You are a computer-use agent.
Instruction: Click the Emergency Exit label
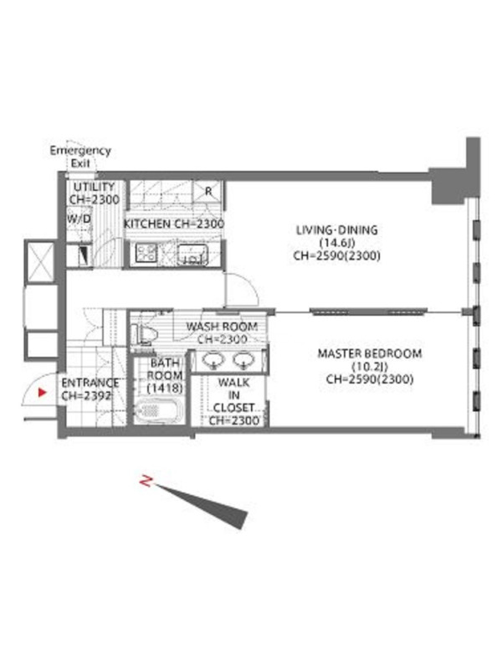80,157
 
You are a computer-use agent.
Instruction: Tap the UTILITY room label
94,187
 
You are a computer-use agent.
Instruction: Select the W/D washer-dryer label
79,219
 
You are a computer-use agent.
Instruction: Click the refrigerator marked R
208,191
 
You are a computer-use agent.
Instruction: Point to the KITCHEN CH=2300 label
174,224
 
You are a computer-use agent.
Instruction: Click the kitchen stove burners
146,253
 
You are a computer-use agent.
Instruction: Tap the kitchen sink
193,255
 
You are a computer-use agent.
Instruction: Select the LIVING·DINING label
337,229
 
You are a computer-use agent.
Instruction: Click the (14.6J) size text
337,243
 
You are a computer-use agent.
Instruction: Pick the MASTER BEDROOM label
370,353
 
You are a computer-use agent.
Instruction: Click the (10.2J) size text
370,366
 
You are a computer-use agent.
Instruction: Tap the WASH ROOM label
222,327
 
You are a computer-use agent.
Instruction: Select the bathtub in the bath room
155,410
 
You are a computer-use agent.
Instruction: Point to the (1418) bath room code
165,388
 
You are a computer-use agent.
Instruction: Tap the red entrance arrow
42,392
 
